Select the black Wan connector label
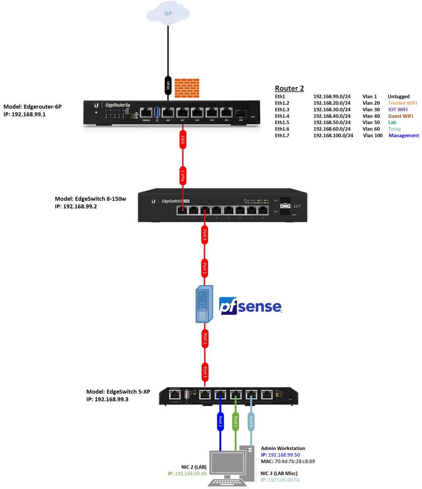[x=168, y=84]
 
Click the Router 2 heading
[x=290, y=88]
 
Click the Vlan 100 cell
[x=373, y=136]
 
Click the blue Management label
[x=404, y=136]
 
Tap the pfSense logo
[x=250, y=307]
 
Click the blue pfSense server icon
[x=203, y=304]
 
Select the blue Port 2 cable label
[x=219, y=421]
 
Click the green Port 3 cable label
[x=235, y=421]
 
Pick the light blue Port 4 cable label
[x=251, y=421]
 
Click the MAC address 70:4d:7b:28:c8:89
[x=295, y=461]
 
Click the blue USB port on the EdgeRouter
[x=156, y=112]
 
